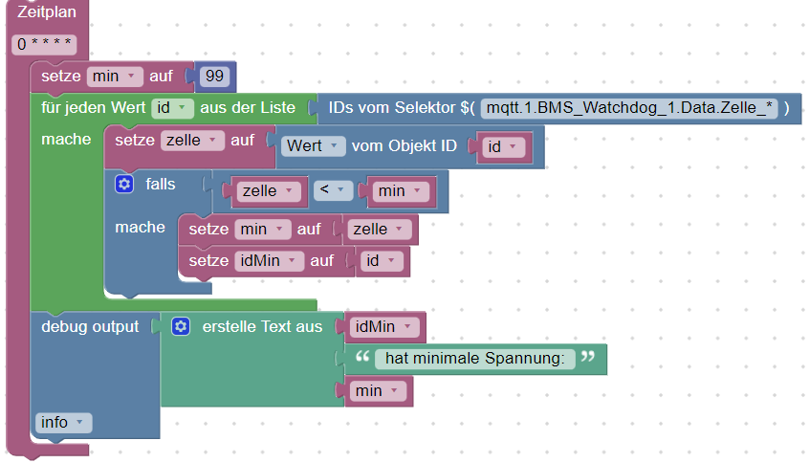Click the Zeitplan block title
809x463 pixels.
coord(47,13)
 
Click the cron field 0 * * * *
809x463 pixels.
coord(45,44)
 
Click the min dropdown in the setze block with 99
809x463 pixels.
coord(115,76)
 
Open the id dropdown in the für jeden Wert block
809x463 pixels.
coord(172,108)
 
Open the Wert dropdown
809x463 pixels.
coord(316,146)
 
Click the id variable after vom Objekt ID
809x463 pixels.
coord(503,146)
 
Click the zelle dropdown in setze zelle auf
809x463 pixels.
coord(191,141)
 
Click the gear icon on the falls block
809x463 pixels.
coord(123,184)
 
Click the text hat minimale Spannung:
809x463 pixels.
coord(474,359)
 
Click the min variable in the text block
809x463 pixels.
coord(375,390)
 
